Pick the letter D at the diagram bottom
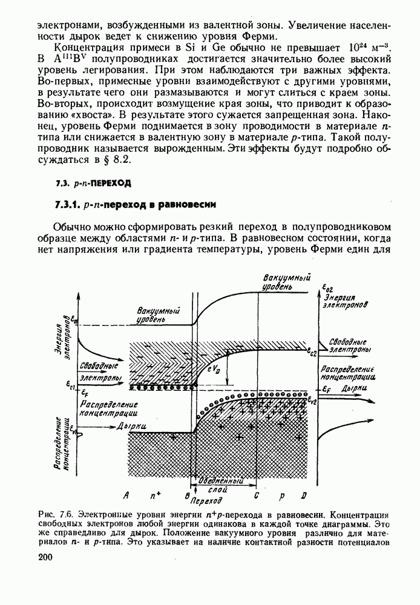[304, 495]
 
